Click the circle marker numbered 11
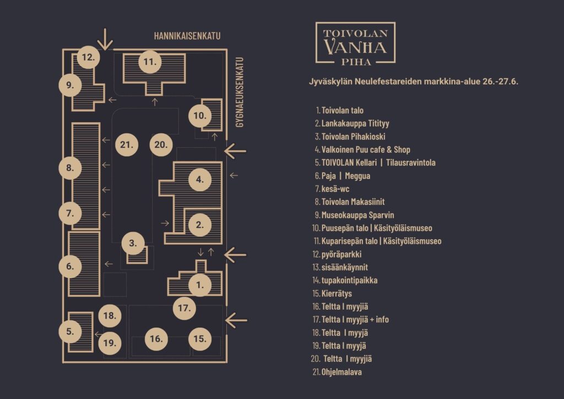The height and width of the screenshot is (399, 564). (x=150, y=62)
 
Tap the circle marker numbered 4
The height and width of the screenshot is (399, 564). (x=199, y=180)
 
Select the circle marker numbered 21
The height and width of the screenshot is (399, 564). (x=127, y=144)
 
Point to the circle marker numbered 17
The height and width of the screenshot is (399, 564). (x=184, y=308)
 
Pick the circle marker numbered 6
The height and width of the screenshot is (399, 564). (x=70, y=266)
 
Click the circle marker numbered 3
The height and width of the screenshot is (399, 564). (x=133, y=243)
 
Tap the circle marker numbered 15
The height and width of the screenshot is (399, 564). (x=200, y=338)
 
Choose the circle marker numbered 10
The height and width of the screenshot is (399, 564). (x=200, y=116)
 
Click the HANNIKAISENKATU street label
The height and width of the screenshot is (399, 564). (x=187, y=36)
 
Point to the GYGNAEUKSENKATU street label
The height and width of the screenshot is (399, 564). (x=240, y=92)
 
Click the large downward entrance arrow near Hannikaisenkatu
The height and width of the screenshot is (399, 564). (x=105, y=39)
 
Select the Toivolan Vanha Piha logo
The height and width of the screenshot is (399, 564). (x=355, y=44)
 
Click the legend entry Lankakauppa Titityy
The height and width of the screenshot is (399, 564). (x=352, y=123)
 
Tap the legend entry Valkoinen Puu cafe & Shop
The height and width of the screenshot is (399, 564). (x=362, y=149)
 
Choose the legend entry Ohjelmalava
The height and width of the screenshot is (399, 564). (x=337, y=372)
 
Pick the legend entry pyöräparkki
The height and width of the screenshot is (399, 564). (x=337, y=255)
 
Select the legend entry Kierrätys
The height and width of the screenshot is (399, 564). (x=332, y=294)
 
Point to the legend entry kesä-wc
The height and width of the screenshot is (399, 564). (x=332, y=189)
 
